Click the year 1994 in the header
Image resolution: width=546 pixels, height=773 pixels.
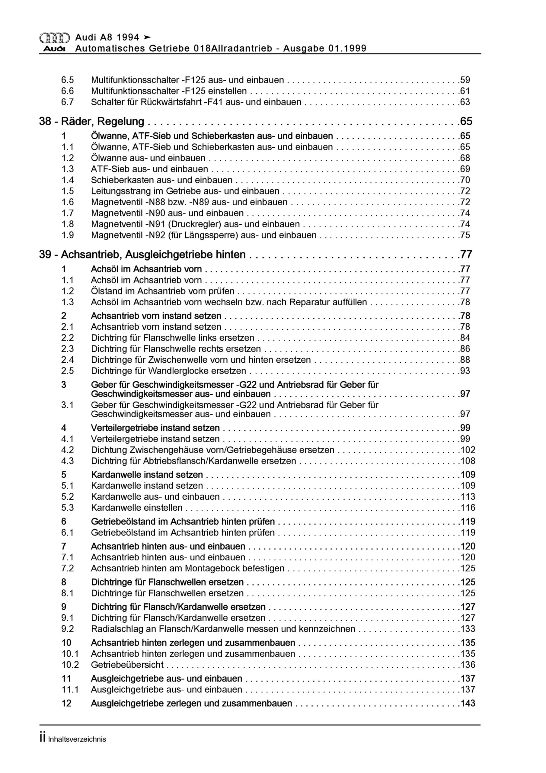[x=126, y=37]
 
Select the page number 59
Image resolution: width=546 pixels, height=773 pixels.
[x=465, y=80]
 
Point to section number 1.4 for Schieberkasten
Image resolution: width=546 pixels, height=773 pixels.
[x=67, y=180]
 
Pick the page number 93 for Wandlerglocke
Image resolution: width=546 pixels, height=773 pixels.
[x=465, y=371]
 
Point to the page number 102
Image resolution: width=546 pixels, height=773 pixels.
[x=468, y=450]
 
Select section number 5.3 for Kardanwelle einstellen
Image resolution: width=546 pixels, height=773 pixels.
[x=67, y=508]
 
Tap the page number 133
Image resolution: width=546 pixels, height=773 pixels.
[x=468, y=629]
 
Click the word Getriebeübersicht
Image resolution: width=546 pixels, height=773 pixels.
[x=127, y=665]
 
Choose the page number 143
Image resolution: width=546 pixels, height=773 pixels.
[x=468, y=703]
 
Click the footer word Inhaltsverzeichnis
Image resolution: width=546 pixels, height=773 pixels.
[x=77, y=749]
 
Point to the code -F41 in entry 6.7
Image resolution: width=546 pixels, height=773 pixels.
[x=213, y=102]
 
